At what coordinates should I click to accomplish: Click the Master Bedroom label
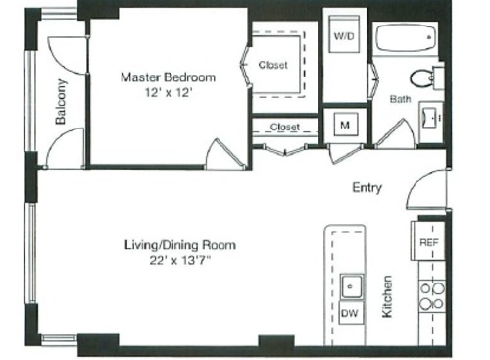(168, 76)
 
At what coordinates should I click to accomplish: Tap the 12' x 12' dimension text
(168, 92)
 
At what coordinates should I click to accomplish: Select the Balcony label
(62, 102)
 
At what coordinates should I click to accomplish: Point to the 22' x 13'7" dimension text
(179, 261)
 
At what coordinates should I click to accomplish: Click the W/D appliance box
(344, 36)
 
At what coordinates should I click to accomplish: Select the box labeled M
(345, 125)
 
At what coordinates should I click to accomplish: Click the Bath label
(400, 99)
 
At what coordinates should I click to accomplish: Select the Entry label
(367, 188)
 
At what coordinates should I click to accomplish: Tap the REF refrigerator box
(428, 241)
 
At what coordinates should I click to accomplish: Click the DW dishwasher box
(349, 314)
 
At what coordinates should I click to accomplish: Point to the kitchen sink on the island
(350, 287)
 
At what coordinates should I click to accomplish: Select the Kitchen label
(387, 295)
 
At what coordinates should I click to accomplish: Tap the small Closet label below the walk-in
(284, 127)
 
